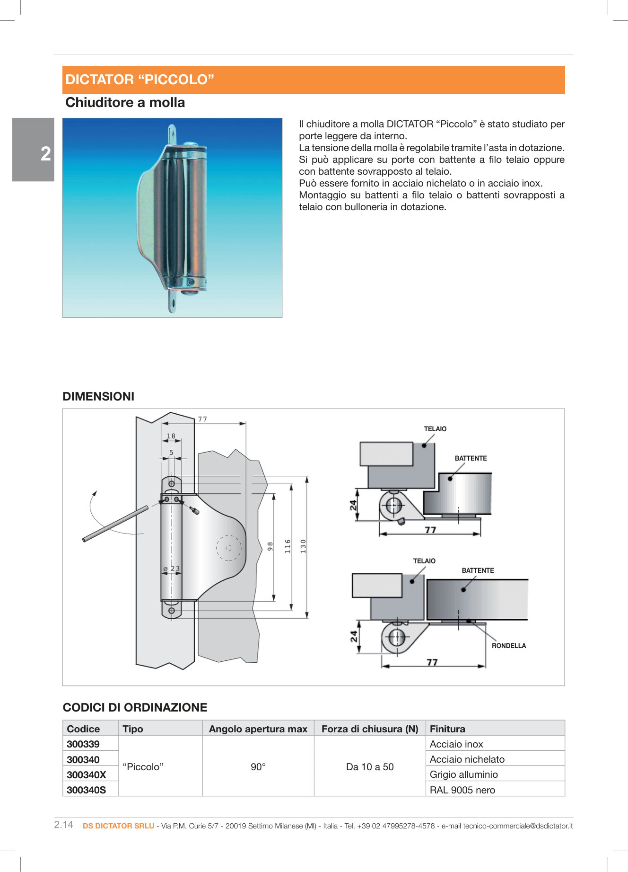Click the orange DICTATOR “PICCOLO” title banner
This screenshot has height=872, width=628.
[314, 80]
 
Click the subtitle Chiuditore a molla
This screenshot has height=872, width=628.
[125, 103]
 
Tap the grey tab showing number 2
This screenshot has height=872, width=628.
[34, 150]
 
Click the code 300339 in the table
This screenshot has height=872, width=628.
[83, 744]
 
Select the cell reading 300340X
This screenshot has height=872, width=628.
[87, 774]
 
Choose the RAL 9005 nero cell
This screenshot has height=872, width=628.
[462, 790]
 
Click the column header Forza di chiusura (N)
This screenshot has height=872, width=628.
[370, 729]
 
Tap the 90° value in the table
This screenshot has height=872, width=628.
[258, 766]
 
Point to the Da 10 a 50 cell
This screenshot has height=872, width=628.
[370, 766]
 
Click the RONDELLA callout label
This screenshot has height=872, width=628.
[508, 646]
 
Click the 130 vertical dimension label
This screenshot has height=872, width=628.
[303, 546]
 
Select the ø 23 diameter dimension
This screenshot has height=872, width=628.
[172, 569]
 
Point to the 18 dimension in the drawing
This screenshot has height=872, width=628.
[171, 436]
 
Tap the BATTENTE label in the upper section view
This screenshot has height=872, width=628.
[471, 458]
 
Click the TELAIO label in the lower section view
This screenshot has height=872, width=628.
[424, 561]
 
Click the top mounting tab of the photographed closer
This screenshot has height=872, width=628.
[172, 134]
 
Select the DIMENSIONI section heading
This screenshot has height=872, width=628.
[98, 397]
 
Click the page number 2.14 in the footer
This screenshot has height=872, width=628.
[64, 825]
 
